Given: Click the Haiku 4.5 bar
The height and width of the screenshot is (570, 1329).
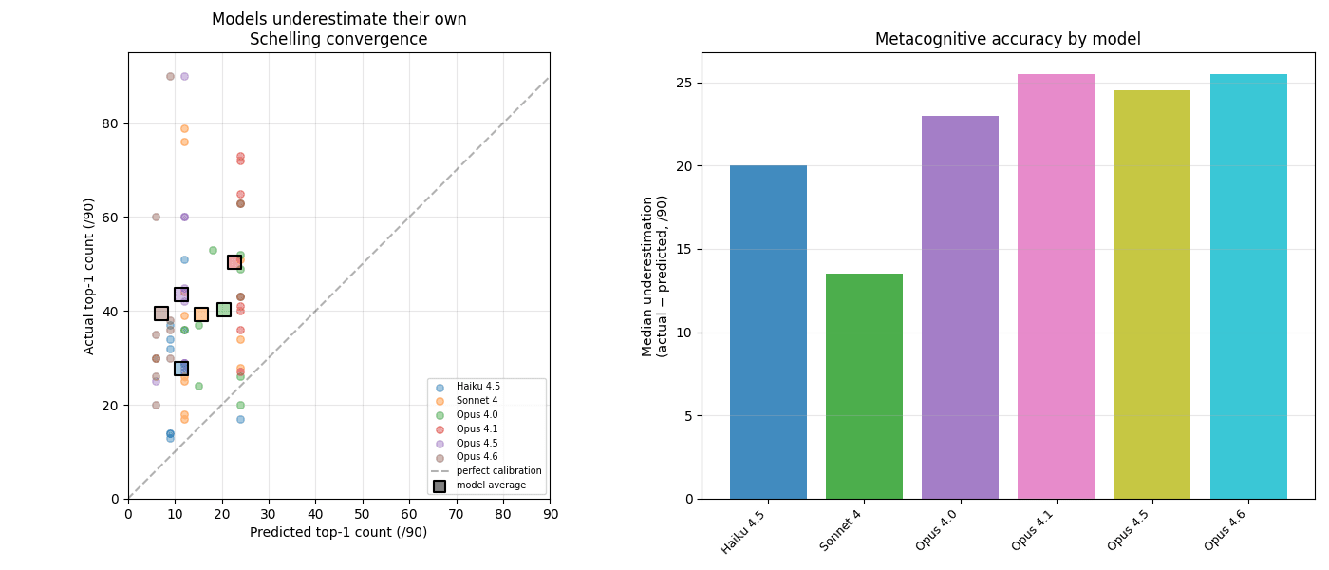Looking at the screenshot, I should pos(768,332).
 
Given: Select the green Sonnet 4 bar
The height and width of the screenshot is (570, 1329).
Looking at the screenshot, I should pos(864,386).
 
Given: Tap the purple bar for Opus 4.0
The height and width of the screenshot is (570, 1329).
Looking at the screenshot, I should pos(960,307).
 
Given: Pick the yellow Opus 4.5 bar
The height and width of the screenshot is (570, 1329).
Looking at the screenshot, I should pos(1151,294).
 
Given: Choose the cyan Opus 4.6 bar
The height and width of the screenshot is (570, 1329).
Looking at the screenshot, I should pos(1248,286).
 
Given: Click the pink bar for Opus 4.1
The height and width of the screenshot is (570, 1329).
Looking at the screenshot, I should pos(1056,286).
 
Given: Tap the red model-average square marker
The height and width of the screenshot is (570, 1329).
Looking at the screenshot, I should pos(234,262).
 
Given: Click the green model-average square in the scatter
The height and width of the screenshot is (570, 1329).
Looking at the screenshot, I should pos(224,310).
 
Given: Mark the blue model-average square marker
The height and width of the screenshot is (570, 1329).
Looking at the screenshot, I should pos(181,369).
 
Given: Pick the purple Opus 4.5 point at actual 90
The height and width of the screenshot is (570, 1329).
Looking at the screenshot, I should pos(184,77).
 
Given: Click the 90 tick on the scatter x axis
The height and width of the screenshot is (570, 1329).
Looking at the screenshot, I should pos(550,514).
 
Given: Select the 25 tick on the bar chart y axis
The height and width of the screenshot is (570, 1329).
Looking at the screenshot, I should pos(685,83).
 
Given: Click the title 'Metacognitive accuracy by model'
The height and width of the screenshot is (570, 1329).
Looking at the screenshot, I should pos(1007,39).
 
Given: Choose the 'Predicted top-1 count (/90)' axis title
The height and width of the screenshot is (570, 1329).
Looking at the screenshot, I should pos(338,533).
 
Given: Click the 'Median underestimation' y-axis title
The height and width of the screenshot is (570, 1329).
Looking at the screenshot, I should pos(655,275).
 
